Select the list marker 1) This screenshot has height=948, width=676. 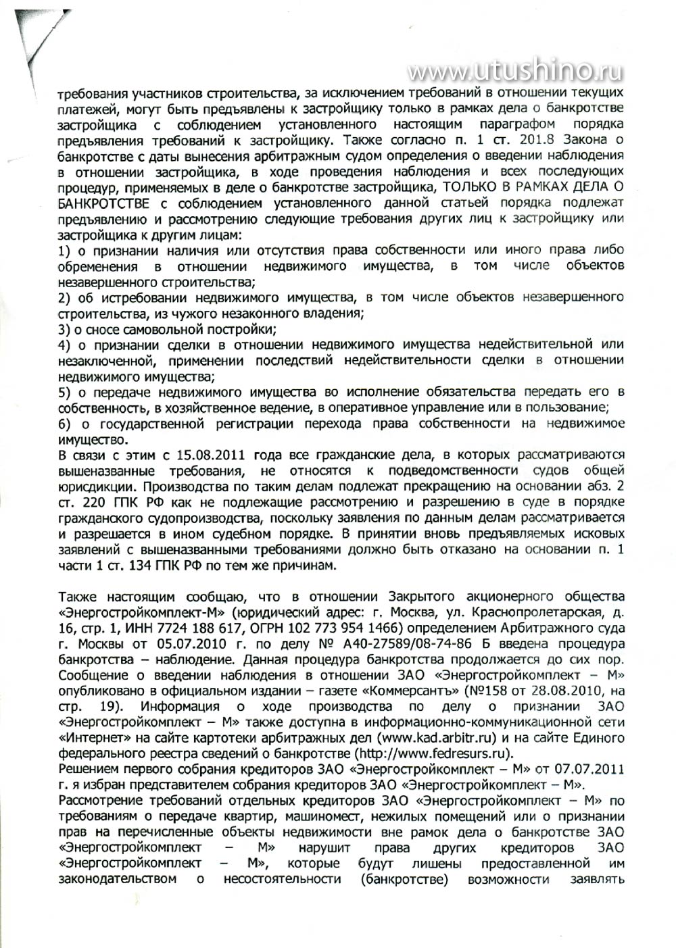(66, 251)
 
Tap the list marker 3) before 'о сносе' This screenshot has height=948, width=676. (66, 329)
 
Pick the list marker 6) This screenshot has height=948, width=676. (66, 424)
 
